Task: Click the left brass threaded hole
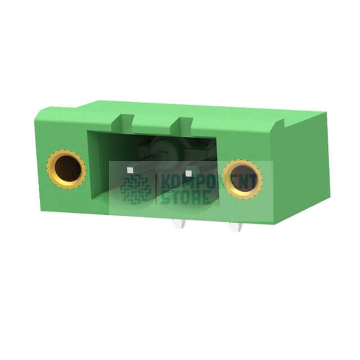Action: (66, 168)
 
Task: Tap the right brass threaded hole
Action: (242, 178)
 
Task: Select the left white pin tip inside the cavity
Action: (130, 168)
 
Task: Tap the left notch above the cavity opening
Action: (126, 121)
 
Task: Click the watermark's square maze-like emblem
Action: (135, 189)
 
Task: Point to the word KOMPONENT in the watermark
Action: (209, 181)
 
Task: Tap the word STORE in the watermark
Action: (186, 197)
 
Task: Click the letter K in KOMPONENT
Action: (166, 181)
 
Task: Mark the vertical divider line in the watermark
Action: (156, 189)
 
